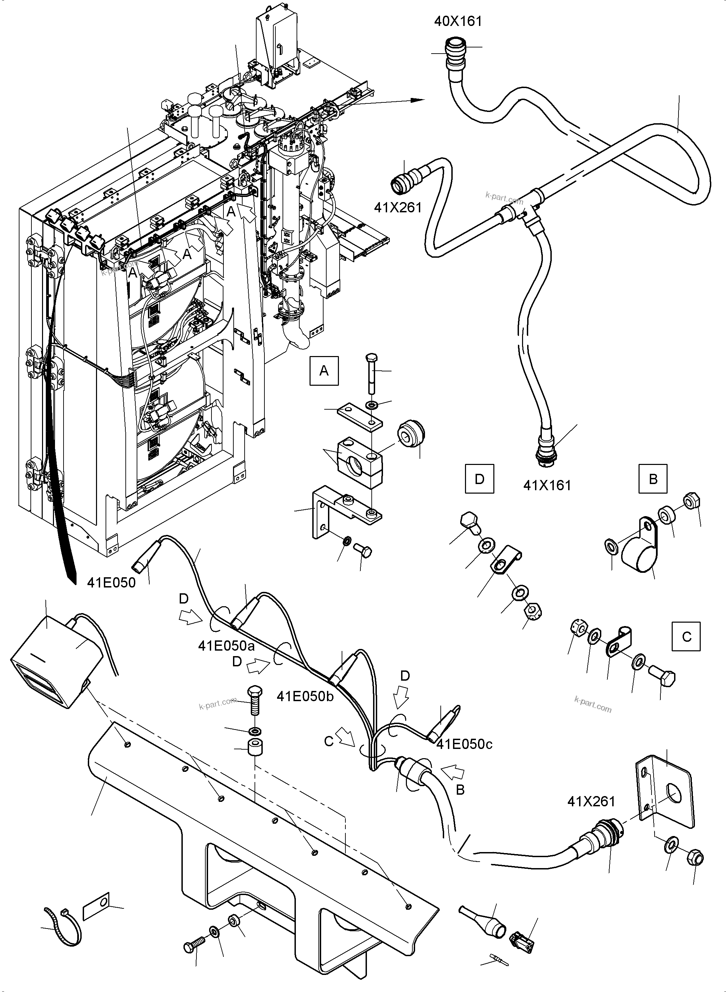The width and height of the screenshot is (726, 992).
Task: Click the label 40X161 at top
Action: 458,21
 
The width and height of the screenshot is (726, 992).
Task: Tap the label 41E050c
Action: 464,744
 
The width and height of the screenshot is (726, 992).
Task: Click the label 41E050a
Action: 226,646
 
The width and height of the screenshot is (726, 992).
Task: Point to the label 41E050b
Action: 305,696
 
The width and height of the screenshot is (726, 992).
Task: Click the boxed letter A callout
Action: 324,371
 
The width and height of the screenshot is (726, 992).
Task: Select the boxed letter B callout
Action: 653,479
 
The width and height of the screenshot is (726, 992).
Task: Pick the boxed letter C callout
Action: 686,637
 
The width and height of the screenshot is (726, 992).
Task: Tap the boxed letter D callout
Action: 479,479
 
